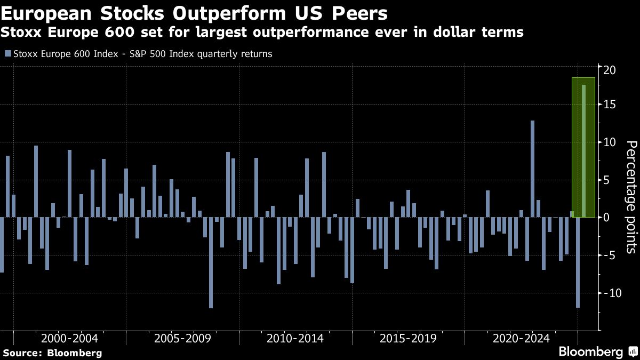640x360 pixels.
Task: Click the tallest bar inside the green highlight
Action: tap(583, 151)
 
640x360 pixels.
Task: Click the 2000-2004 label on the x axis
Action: tap(69, 338)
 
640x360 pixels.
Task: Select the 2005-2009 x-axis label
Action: tap(182, 338)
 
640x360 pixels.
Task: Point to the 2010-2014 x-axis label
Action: tap(295, 338)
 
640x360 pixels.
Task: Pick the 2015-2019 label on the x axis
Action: tap(408, 338)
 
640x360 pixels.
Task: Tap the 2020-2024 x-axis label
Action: tap(521, 338)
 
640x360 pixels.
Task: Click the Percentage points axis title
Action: tap(630, 196)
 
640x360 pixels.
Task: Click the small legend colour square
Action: tap(7, 53)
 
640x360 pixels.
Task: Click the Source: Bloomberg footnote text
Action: tap(52, 353)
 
